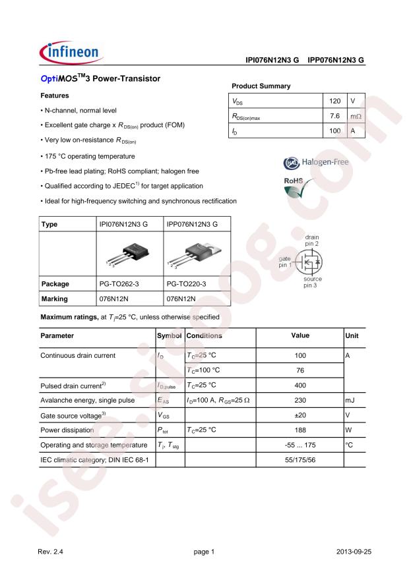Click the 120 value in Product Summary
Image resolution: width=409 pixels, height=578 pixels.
tap(335, 101)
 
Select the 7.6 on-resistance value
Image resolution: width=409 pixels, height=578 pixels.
tap(335, 116)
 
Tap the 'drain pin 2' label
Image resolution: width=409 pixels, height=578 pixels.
tap(311, 240)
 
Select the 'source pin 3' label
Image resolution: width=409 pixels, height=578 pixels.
tap(311, 282)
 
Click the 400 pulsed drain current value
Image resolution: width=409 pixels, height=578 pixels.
tap(299, 384)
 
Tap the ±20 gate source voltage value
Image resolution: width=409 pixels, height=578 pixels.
tap(299, 415)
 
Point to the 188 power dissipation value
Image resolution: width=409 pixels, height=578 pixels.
tap(299, 430)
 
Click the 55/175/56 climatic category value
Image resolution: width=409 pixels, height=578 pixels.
tap(299, 459)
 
